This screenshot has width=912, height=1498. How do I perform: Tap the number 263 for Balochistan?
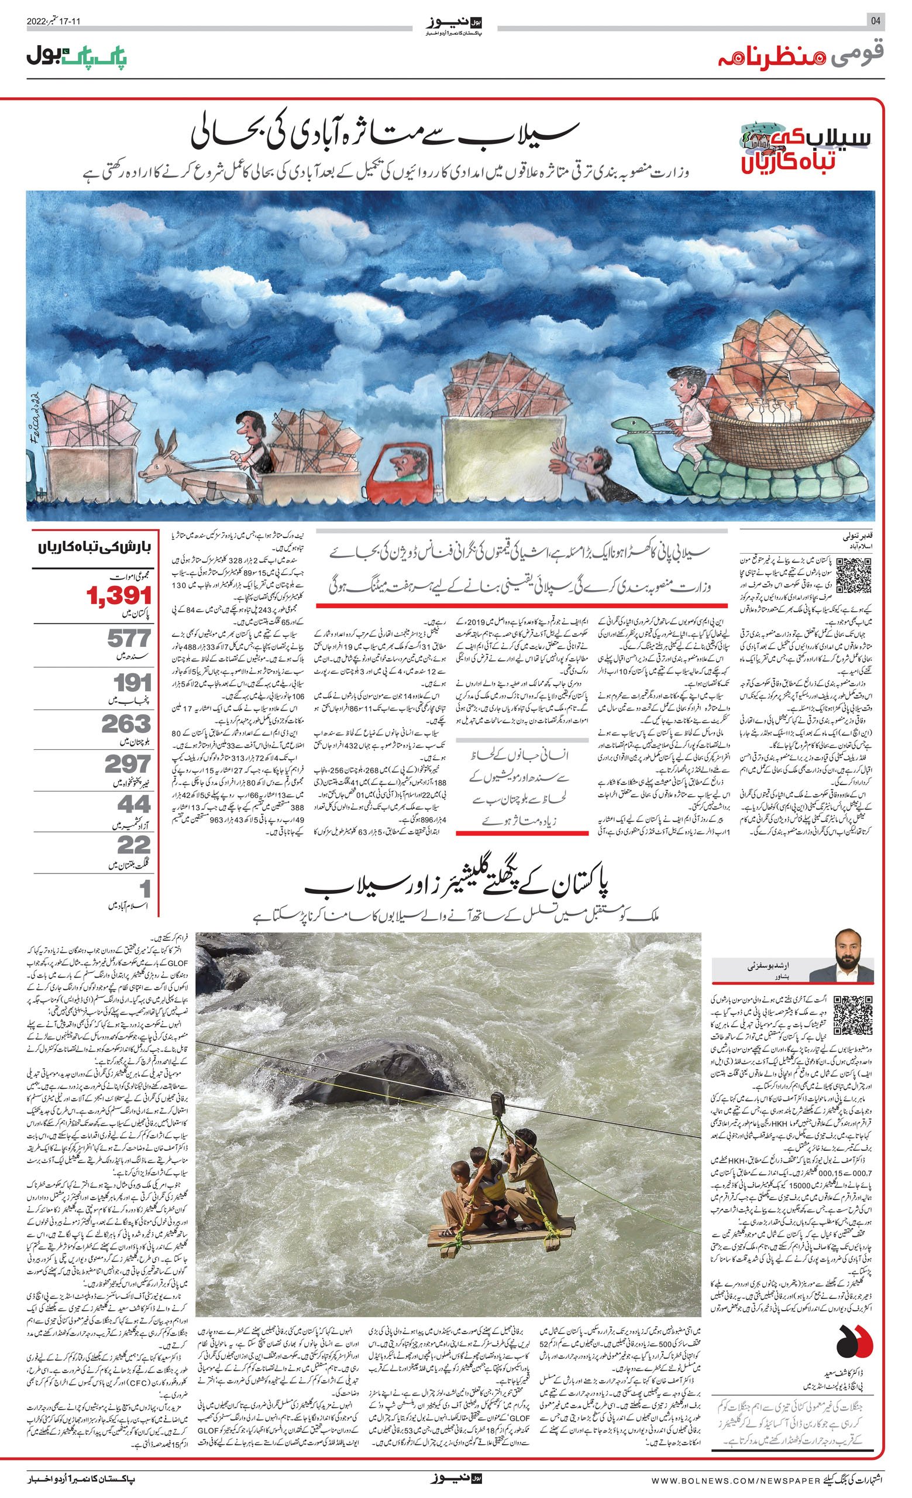(126, 724)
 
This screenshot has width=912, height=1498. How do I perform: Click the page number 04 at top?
(876, 20)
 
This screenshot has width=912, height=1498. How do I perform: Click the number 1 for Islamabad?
(144, 889)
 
